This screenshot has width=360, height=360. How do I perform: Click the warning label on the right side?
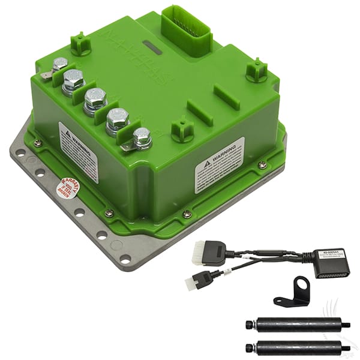[220, 164]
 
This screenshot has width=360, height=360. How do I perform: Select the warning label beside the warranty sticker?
[78, 151]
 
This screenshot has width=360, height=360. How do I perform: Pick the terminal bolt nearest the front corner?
[142, 137]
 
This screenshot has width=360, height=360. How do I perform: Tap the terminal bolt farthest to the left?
[59, 65]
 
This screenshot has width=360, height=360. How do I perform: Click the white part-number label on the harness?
[329, 254]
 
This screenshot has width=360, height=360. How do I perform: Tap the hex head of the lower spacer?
[249, 347]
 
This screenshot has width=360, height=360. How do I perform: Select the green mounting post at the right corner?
[256, 70]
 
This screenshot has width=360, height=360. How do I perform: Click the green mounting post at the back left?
[80, 43]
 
